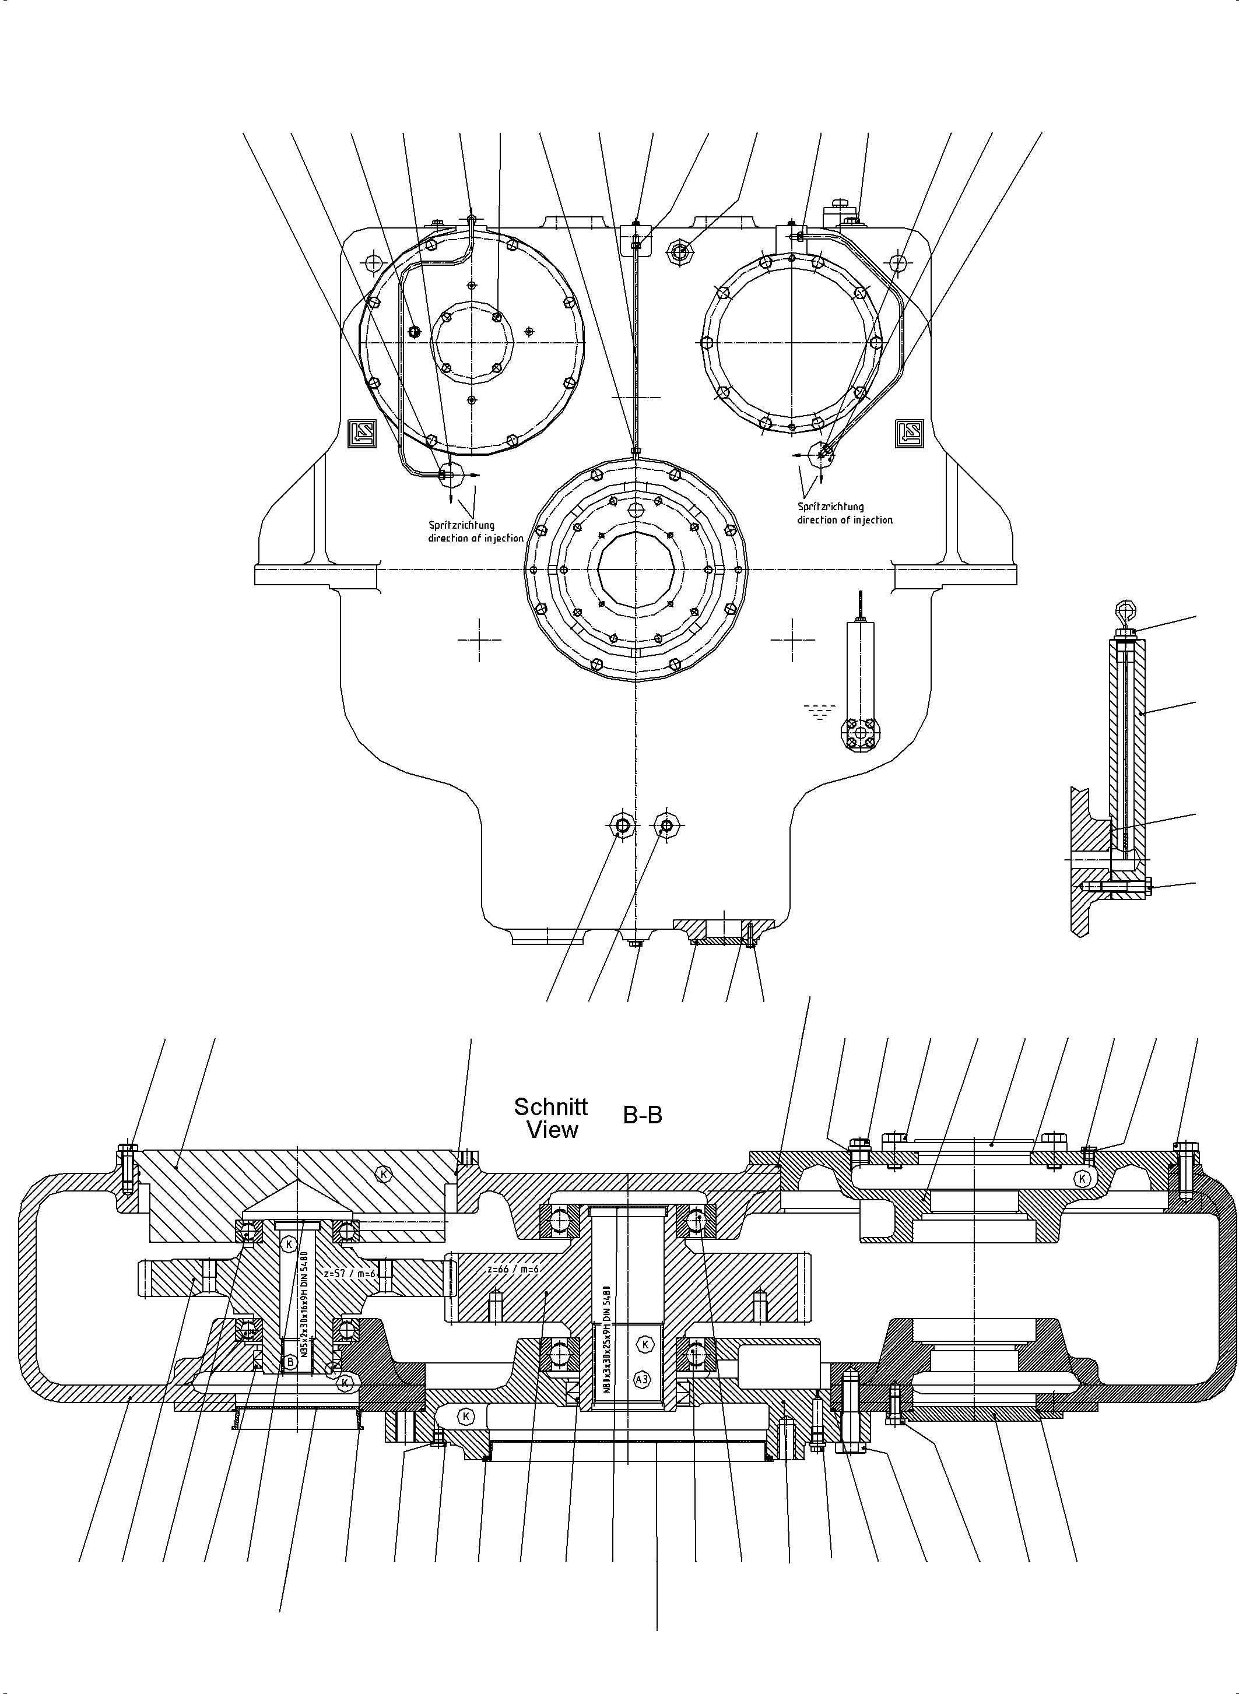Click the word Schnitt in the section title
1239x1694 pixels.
tap(550, 1107)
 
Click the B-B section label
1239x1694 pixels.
tap(643, 1116)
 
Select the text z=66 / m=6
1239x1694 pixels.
tap(513, 1269)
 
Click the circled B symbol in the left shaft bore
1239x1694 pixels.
tap(288, 1361)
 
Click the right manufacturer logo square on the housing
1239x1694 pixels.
tap(910, 433)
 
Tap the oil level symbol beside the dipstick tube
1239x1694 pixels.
tap(820, 710)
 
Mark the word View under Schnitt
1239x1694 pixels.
tap(552, 1130)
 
